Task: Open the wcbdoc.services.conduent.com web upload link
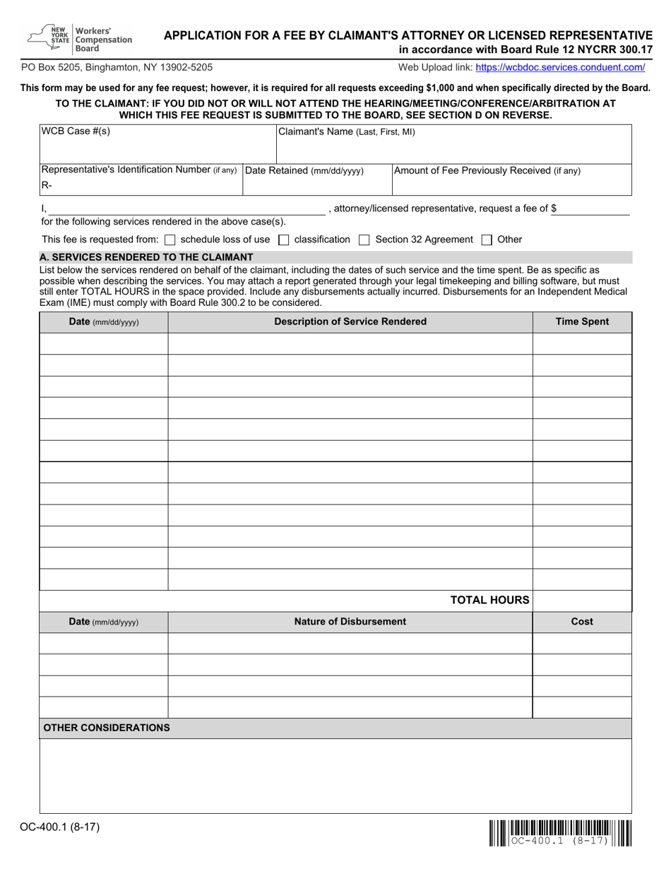coord(560,68)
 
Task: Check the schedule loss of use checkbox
coord(170,240)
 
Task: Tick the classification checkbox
coord(284,240)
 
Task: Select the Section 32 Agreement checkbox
coord(364,240)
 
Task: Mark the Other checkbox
coord(487,240)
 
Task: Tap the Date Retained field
coord(317,185)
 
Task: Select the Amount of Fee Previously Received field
coord(511,185)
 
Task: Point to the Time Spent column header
coord(582,322)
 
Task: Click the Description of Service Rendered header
coord(350,322)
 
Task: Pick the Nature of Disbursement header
coord(350,622)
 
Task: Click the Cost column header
coord(582,622)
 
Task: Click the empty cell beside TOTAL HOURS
coord(582,601)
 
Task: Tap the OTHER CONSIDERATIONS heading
coord(107,728)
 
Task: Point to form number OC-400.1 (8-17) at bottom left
coord(55,825)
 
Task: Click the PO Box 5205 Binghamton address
coord(117,68)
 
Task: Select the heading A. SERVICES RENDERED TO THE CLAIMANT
coord(147,257)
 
